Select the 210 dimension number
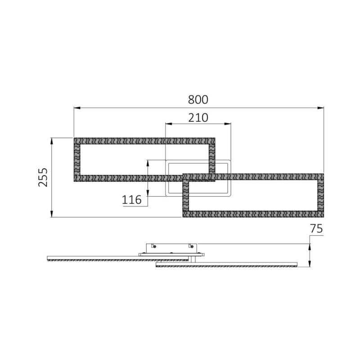[x=198, y=118]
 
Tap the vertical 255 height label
[x=43, y=177]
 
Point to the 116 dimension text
[x=132, y=199]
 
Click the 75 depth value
[x=316, y=229]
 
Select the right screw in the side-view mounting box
[x=193, y=246]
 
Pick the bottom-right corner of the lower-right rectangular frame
[x=323, y=217]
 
